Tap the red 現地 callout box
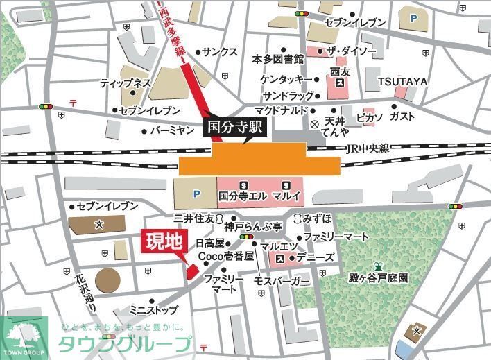click(x=163, y=241)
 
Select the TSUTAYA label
click(x=402, y=81)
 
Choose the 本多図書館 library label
click(x=277, y=59)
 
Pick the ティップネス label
click(x=126, y=83)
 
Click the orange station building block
click(x=259, y=160)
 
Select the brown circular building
click(x=107, y=280)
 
